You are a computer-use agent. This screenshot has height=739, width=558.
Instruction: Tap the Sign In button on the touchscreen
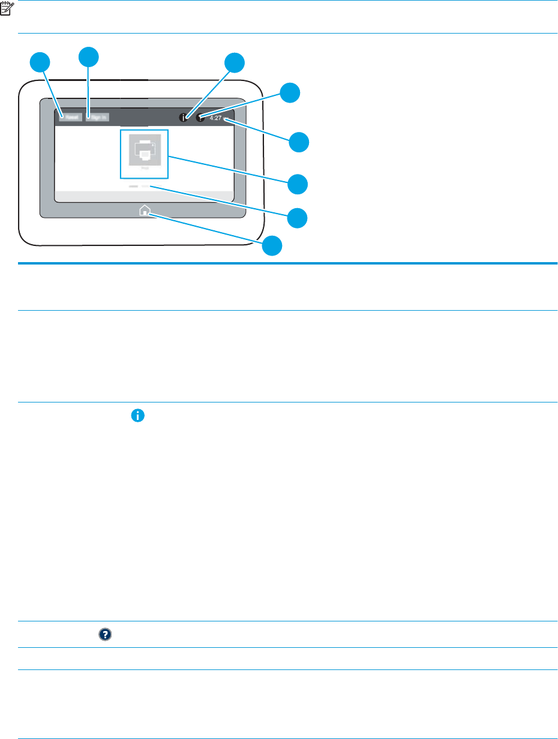tap(97, 118)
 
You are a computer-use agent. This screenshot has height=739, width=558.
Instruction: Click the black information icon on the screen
tap(184, 118)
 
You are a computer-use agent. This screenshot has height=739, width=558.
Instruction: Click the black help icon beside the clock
tap(200, 118)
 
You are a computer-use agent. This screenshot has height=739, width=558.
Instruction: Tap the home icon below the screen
tap(145, 211)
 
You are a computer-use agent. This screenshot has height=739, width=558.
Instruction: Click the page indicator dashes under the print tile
tap(139, 187)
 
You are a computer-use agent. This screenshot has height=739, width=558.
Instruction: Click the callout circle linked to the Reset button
tap(40, 62)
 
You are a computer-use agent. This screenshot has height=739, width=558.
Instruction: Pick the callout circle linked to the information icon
tap(235, 62)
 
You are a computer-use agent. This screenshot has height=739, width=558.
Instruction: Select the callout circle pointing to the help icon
tap(290, 92)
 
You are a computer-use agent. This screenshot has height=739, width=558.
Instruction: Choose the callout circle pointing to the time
tap(299, 142)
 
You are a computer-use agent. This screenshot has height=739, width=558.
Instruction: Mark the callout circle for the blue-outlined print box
tap(298, 184)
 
